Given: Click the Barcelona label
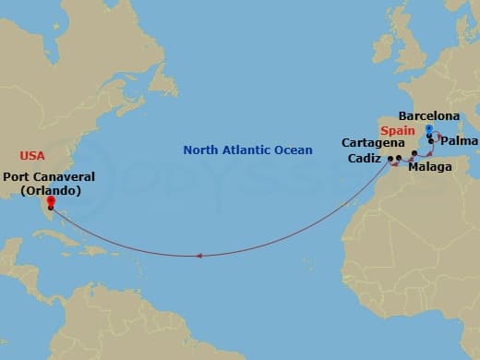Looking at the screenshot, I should tap(428, 116).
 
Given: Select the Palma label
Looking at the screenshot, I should tap(459, 142).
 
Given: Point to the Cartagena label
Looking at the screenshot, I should tap(373, 143).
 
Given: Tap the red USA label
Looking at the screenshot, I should tap(32, 155).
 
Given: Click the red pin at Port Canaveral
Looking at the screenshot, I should tap(50, 200).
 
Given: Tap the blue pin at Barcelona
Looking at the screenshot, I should tap(429, 131).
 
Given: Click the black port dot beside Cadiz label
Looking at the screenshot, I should tap(390, 160).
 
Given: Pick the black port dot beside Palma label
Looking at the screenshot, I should tap(431, 140).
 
